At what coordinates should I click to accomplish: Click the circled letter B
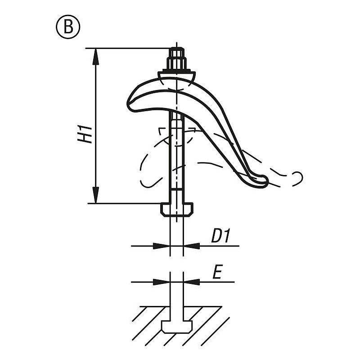tap(68, 27)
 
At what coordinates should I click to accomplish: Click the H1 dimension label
tap(85, 134)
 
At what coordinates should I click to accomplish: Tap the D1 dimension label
tap(220, 235)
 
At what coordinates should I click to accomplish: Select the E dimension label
tap(217, 272)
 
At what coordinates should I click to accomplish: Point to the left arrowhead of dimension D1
tap(162, 246)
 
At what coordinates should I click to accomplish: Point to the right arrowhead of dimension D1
tap(192, 246)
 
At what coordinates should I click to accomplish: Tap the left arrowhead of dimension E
tap(162, 282)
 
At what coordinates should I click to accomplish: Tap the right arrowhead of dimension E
tap(192, 282)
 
